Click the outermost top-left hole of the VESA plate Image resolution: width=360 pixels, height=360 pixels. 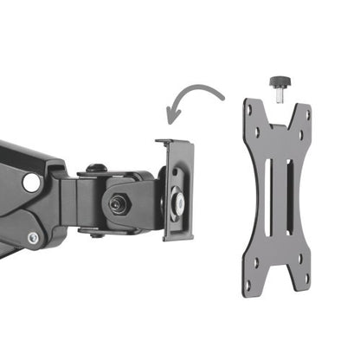(x=249, y=111)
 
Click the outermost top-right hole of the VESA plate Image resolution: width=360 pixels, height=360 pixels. (x=305, y=112)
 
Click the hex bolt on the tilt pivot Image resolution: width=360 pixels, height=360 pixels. (x=116, y=202)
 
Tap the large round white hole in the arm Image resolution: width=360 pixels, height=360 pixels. (x=31, y=183)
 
